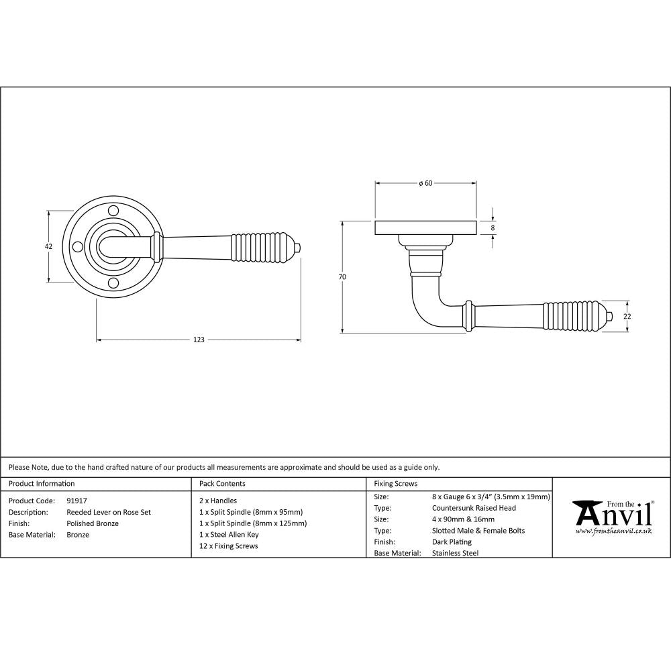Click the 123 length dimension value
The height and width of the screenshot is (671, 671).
coord(199,340)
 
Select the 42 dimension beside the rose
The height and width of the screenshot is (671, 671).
coord(48,247)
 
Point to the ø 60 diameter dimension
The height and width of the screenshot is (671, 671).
coord(425,184)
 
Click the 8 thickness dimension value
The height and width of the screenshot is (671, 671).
coord(493,228)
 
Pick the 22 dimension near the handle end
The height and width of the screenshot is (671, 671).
coord(627,316)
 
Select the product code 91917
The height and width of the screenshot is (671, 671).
coord(77,501)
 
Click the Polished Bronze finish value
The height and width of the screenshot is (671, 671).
coord(93,523)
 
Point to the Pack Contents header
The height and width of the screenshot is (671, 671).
coord(223,484)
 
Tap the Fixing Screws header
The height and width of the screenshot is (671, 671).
coord(396,484)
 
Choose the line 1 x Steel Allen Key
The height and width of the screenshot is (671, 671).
coord(229,535)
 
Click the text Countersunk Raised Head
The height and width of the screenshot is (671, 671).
coord(474,508)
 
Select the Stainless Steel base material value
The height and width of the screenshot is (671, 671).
coord(456,554)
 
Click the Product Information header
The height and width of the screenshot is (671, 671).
coord(42,484)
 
